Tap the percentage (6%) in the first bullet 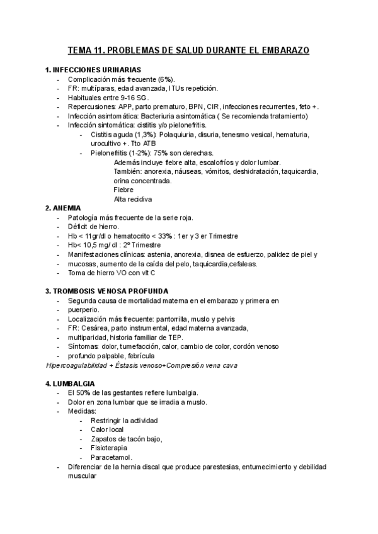(x=165, y=79)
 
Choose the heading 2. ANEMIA (x=66, y=208)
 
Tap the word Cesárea (x=93, y=328)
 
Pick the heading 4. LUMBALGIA (x=70, y=383)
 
